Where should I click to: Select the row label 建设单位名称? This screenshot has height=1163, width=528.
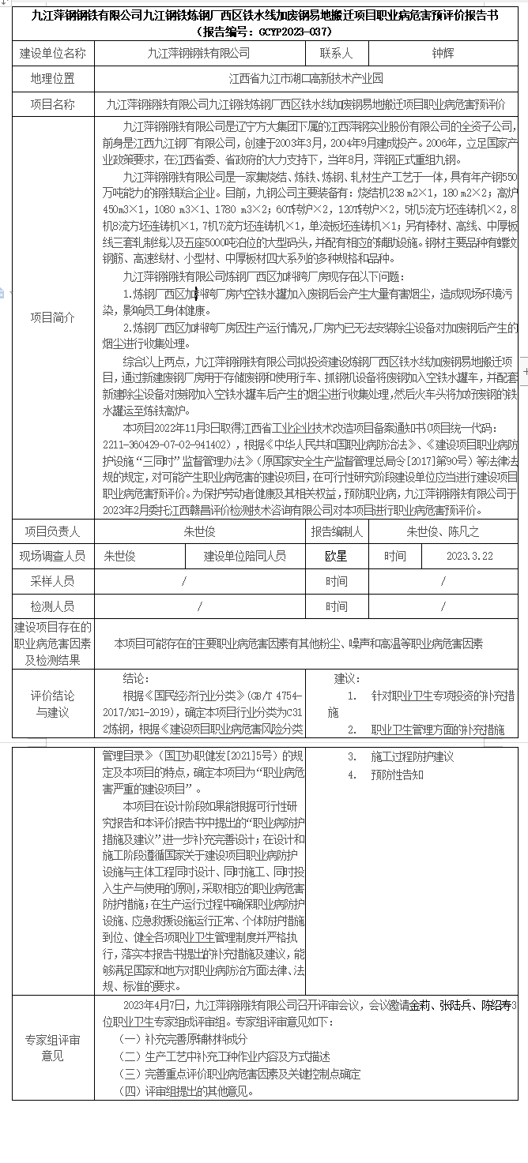click(x=53, y=54)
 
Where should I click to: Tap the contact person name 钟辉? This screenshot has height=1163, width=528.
click(x=443, y=54)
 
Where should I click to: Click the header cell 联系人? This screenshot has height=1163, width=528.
click(x=336, y=54)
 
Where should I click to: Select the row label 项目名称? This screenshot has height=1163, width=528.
click(x=53, y=104)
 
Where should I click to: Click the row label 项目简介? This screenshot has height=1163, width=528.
click(x=53, y=317)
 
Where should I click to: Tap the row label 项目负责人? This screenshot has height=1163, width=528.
click(x=53, y=531)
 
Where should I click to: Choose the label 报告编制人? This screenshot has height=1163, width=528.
click(x=336, y=531)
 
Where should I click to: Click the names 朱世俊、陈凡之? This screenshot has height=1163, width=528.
click(x=443, y=531)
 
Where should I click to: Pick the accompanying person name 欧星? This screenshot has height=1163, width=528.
click(x=336, y=556)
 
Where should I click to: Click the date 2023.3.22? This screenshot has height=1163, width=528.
click(x=469, y=556)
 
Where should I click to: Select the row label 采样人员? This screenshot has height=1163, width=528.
click(x=53, y=581)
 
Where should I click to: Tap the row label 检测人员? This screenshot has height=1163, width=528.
click(x=53, y=606)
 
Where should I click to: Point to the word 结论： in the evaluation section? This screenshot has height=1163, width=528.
click(x=136, y=679)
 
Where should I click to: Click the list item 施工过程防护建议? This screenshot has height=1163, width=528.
click(x=412, y=756)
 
